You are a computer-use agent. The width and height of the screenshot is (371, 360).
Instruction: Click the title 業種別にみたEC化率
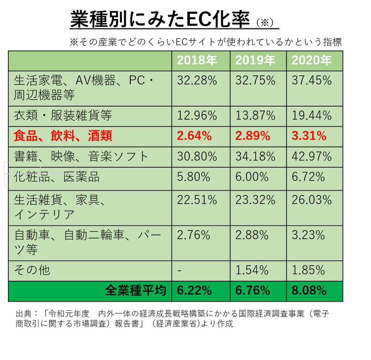click(160, 19)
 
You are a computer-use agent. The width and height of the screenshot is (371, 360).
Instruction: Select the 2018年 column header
click(197, 60)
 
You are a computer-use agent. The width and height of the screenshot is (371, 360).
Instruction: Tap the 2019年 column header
click(255, 60)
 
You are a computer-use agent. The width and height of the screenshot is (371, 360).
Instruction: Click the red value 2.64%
click(194, 136)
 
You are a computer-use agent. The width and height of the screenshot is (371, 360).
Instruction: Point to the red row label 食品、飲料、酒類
click(63, 136)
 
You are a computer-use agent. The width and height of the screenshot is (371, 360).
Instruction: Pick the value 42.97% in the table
click(312, 156)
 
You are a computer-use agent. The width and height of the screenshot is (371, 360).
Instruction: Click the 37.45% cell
click(312, 81)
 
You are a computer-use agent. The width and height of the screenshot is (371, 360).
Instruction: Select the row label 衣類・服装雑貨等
click(63, 116)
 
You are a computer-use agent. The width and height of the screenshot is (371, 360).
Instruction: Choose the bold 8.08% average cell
click(309, 291)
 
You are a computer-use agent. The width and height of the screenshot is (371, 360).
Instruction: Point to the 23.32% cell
click(255, 200)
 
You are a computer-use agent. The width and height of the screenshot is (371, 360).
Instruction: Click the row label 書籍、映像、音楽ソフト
click(81, 156)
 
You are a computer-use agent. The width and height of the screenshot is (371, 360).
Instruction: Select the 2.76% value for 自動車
click(193, 235)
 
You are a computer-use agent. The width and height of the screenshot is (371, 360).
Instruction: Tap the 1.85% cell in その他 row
click(308, 270)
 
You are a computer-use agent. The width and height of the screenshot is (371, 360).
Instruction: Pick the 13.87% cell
click(255, 116)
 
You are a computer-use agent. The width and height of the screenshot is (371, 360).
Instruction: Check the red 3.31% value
click(309, 136)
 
